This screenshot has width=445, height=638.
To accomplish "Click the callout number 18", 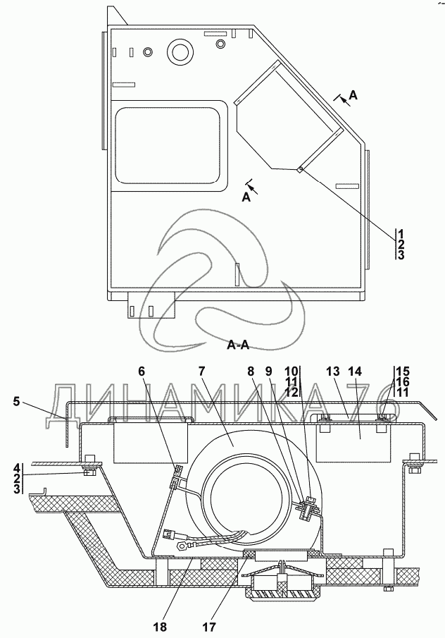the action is coord(160,627).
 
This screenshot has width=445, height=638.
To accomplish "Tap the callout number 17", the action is coord(210,627).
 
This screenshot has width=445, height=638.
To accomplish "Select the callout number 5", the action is coord(16,402).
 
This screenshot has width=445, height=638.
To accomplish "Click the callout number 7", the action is coord(202,372).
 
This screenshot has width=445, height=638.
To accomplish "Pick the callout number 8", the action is coord(251,372).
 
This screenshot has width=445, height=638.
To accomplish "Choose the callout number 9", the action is coord(268,372).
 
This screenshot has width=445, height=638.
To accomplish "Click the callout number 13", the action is coord(333,372).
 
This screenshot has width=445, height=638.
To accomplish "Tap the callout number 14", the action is coord(354,372).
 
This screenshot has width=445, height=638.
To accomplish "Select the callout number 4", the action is coord(17,467).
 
